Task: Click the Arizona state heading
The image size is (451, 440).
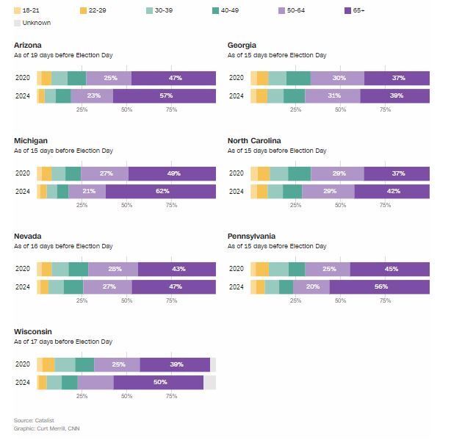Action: click(x=28, y=46)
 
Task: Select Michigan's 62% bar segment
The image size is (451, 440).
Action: click(x=161, y=192)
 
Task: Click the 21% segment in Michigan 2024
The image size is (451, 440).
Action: click(x=89, y=192)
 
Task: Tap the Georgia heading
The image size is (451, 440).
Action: click(x=242, y=46)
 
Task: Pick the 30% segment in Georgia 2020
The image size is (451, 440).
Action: click(x=337, y=79)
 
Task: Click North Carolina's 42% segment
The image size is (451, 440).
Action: click(x=392, y=192)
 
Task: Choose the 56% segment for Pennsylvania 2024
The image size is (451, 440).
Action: click(x=380, y=287)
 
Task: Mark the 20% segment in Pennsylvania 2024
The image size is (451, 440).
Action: click(x=312, y=287)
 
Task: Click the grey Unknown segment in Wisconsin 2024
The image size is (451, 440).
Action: click(x=209, y=383)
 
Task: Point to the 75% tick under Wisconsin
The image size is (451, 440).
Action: click(x=171, y=396)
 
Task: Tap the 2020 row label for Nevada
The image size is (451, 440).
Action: click(x=23, y=270)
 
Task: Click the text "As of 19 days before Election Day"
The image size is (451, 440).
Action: click(x=63, y=55)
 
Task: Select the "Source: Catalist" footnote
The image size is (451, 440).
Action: click(x=34, y=420)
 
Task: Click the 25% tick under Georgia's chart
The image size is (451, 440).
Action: click(x=295, y=109)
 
